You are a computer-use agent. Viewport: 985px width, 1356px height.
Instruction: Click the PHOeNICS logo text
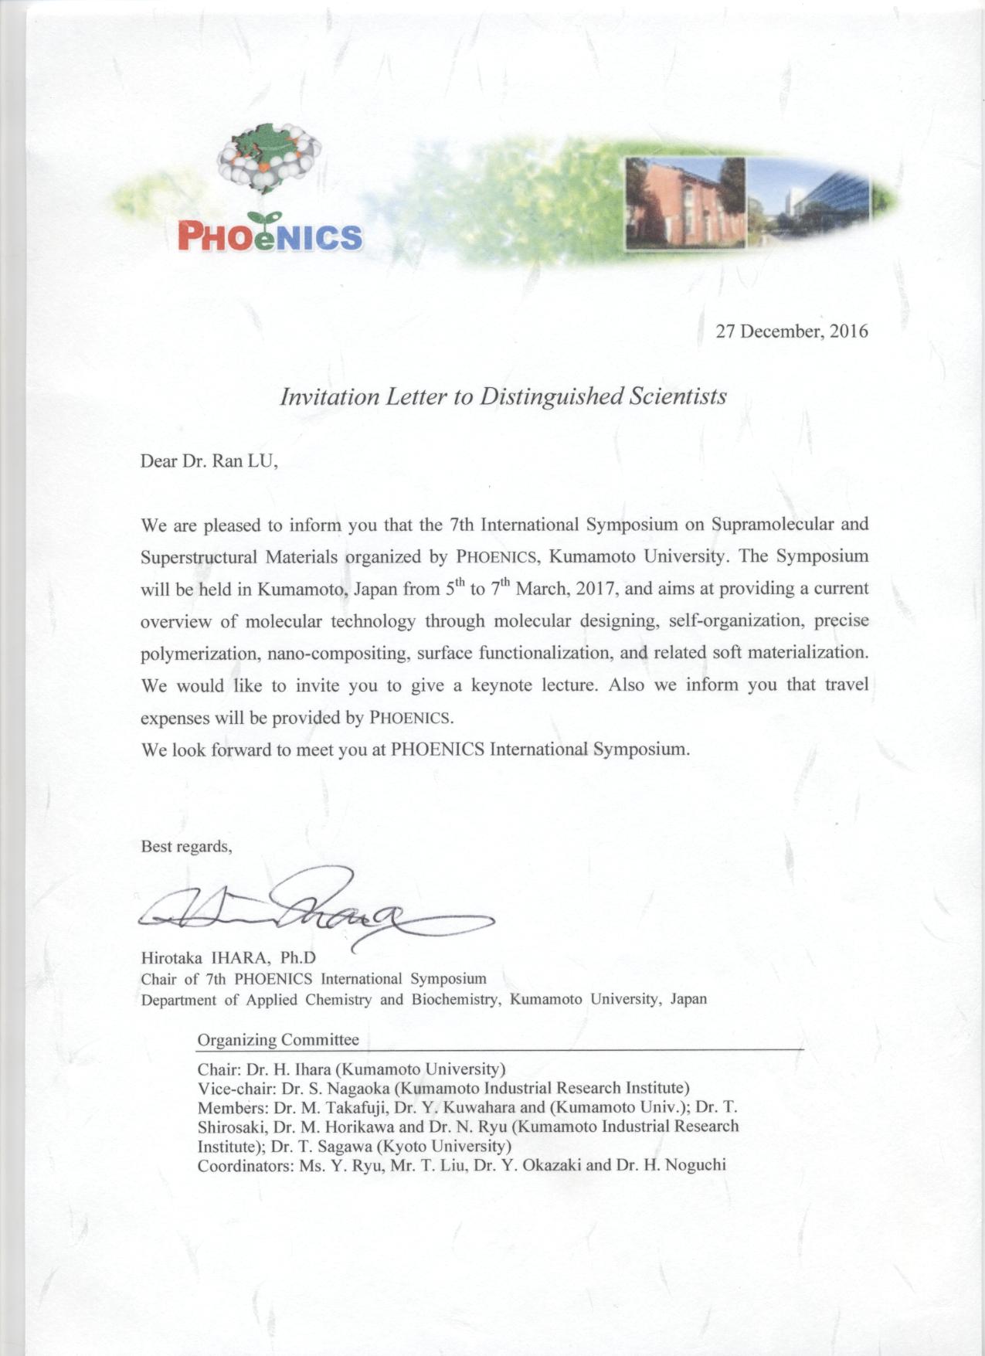coord(270,235)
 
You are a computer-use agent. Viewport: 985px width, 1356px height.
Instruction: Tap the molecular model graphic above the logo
coord(270,160)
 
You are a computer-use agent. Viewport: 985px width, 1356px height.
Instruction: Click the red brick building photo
coord(684,202)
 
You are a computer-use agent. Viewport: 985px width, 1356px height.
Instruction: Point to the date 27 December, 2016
coord(792,331)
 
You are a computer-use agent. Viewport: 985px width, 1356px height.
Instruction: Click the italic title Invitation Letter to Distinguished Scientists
coord(503,397)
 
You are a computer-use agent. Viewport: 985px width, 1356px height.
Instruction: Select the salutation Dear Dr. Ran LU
coord(209,461)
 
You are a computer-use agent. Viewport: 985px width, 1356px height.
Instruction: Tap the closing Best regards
coord(186,846)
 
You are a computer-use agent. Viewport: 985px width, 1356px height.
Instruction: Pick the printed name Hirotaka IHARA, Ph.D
coord(229,958)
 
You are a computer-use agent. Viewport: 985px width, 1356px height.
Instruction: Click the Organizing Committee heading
coord(278,1040)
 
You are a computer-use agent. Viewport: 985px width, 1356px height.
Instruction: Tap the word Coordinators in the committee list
coord(245,1165)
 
